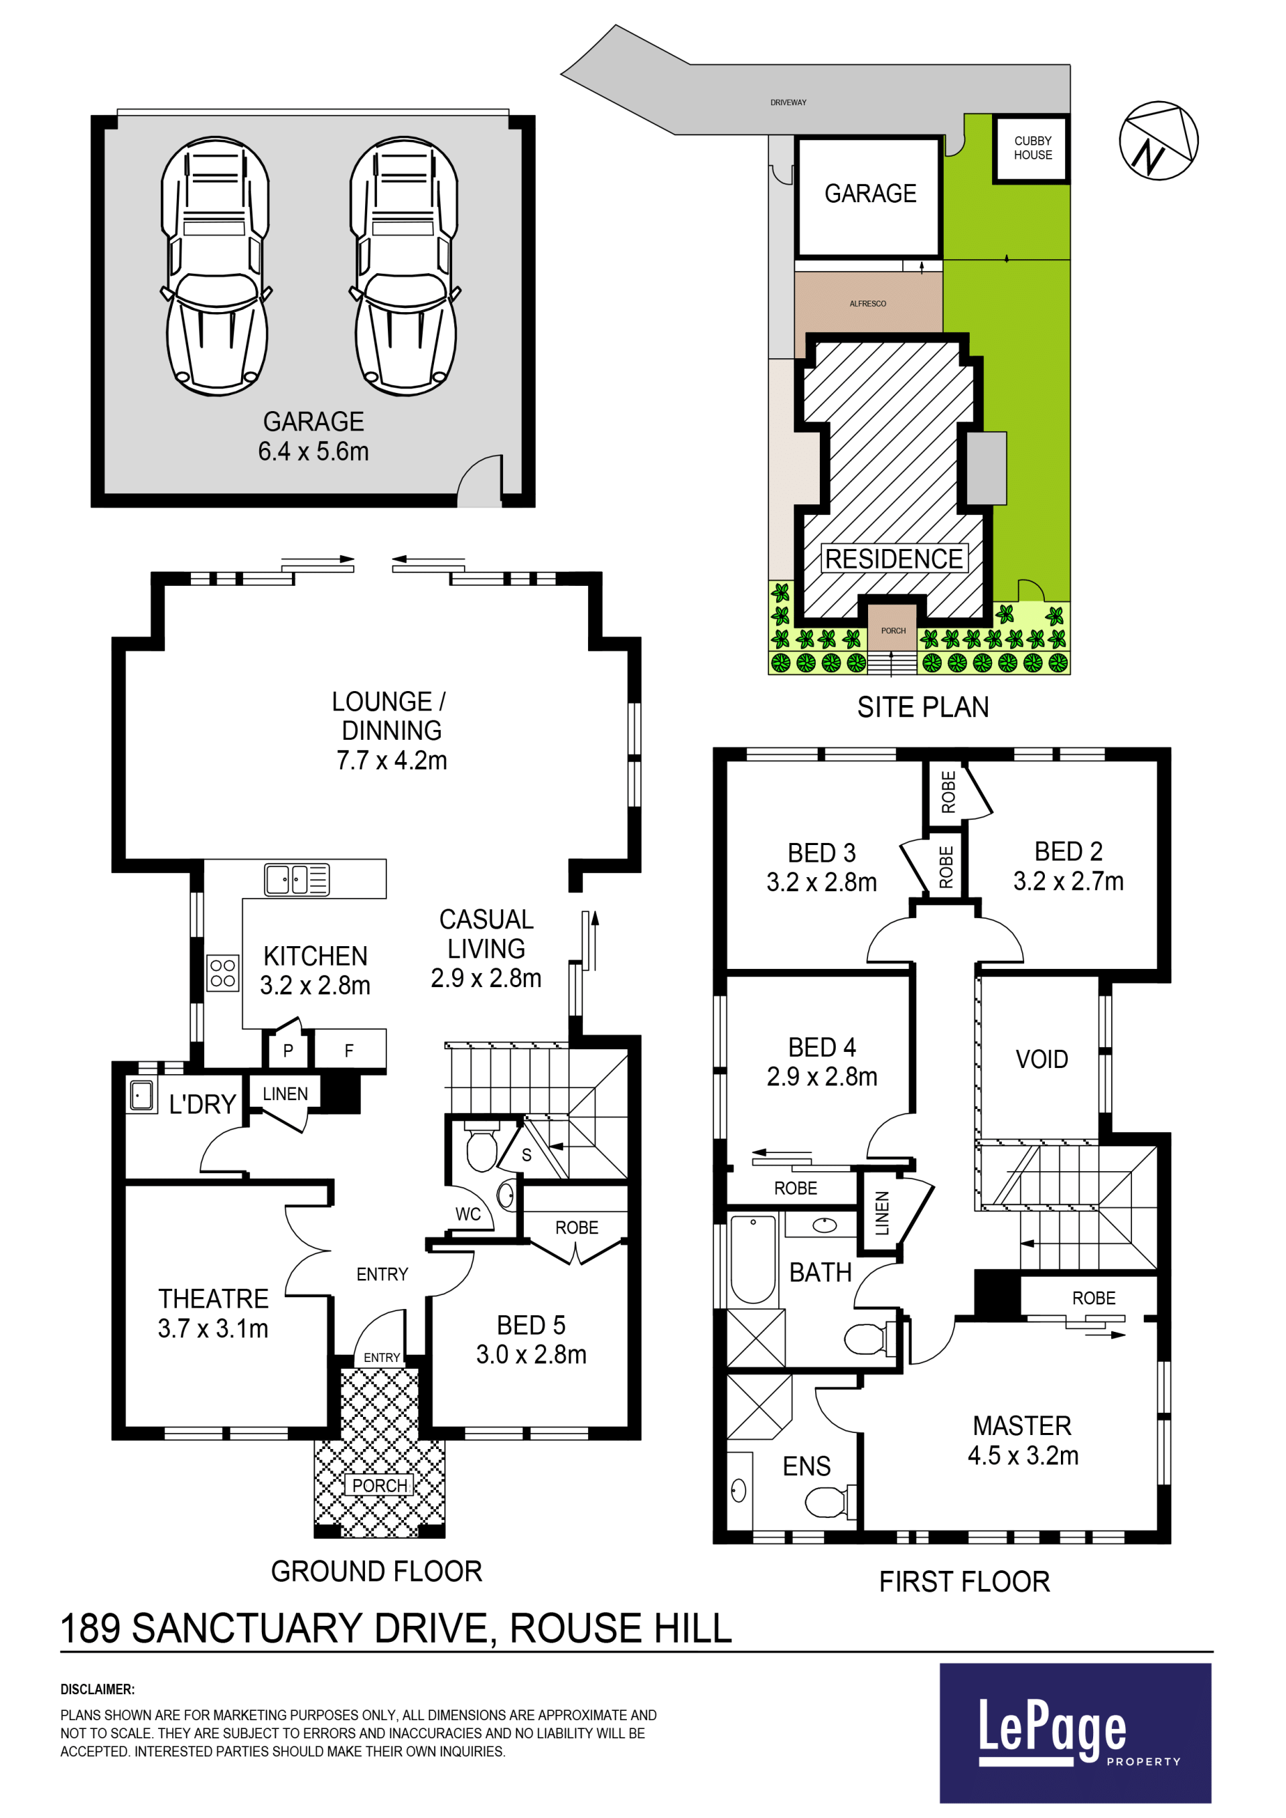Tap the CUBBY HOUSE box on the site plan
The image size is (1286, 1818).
pyautogui.click(x=1031, y=149)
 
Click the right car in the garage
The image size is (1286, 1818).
pyautogui.click(x=405, y=266)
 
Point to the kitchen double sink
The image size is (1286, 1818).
pyautogui.click(x=297, y=879)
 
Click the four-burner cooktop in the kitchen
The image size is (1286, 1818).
pyautogui.click(x=222, y=972)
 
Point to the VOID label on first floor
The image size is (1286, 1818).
pyautogui.click(x=1042, y=1059)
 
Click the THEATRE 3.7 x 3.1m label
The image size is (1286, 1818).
pyautogui.click(x=213, y=1314)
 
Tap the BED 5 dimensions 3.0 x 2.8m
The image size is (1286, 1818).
pyautogui.click(x=531, y=1355)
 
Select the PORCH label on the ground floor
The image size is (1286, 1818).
pyautogui.click(x=379, y=1485)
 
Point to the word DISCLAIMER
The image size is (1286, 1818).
pyautogui.click(x=97, y=1689)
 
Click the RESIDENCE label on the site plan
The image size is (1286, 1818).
pyautogui.click(x=894, y=559)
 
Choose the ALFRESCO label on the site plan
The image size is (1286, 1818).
pyautogui.click(x=868, y=304)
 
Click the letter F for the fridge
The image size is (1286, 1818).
pyautogui.click(x=348, y=1051)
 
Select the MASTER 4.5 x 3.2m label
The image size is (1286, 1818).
pyautogui.click(x=1022, y=1440)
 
